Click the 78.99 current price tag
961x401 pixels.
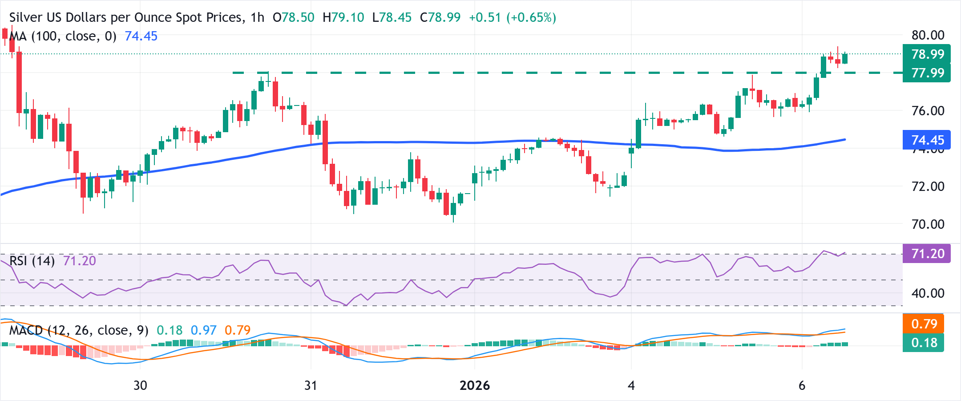(x=927, y=54)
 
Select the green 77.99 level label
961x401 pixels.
(x=927, y=73)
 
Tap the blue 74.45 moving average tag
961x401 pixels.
(x=927, y=140)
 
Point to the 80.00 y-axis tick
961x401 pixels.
(x=928, y=35)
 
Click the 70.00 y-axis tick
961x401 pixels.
(x=928, y=224)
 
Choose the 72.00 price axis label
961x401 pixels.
(x=928, y=186)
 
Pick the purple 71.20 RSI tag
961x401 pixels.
(x=927, y=254)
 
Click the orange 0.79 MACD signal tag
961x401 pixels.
(x=924, y=324)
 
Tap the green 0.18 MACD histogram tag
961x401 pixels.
(x=924, y=343)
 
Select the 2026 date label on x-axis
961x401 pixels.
(x=475, y=385)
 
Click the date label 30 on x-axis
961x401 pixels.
(x=140, y=385)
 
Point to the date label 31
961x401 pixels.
(x=311, y=385)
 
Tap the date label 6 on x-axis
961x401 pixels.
(x=802, y=385)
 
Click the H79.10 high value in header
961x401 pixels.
(x=343, y=18)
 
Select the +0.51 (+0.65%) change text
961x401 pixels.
(x=512, y=18)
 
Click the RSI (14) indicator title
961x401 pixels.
(x=32, y=261)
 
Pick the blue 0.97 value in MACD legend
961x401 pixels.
(x=203, y=330)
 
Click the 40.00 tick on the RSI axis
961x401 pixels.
(x=928, y=293)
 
